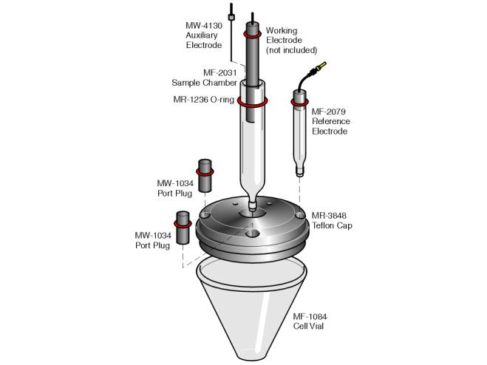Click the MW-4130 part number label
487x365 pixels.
[x=203, y=25]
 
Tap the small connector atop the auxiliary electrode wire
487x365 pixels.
[x=231, y=16]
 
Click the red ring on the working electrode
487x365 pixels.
[x=252, y=34]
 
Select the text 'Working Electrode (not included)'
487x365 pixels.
[x=291, y=41]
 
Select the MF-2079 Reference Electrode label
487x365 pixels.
[x=331, y=121]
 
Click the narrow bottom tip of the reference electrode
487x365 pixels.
[x=300, y=171]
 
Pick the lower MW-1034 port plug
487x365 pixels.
[x=182, y=223]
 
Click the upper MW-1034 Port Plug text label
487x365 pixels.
[x=174, y=188]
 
